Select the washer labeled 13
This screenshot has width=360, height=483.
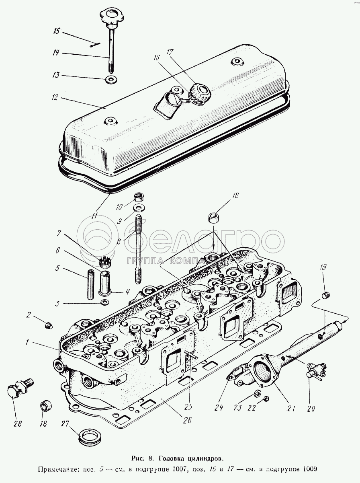click(x=111, y=79)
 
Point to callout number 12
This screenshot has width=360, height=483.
click(x=55, y=97)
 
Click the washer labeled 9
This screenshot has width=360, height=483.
click(x=138, y=208)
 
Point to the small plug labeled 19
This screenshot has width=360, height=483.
click(x=326, y=296)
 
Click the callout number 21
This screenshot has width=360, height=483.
click(x=290, y=408)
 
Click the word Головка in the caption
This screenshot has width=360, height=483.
click(x=174, y=458)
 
